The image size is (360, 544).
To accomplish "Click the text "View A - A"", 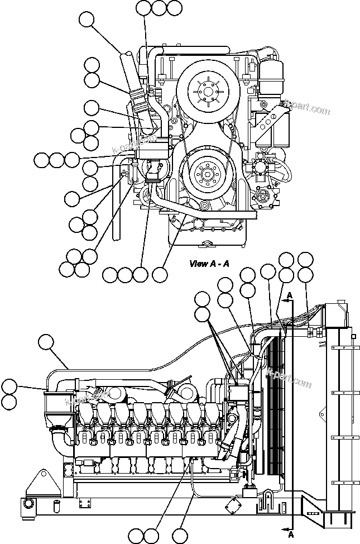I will tap(209, 264).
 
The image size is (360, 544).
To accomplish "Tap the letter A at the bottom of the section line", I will tap(290, 535).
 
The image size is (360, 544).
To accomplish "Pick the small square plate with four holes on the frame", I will tap(85, 504).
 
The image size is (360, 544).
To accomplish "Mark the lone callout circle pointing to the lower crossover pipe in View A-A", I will tap(160, 274).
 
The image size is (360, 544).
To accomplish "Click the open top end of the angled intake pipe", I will tap(127, 54).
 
